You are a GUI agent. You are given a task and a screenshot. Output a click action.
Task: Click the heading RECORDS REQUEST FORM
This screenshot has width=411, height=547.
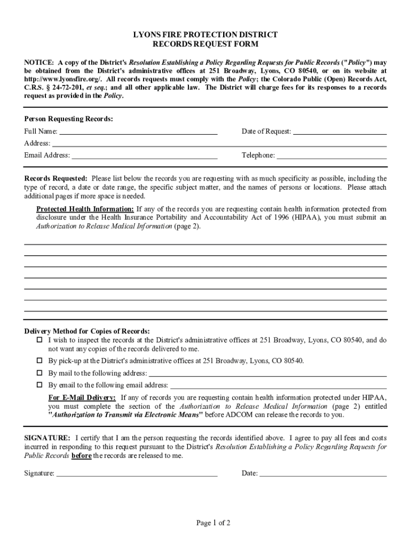pos(205,44)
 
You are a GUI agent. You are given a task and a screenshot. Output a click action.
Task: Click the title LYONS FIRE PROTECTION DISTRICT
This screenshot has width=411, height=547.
pos(205,35)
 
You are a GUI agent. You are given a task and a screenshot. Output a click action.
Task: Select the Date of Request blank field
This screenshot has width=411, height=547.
pos(340,131)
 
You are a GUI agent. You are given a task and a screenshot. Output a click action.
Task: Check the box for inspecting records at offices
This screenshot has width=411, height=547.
pos(39,340)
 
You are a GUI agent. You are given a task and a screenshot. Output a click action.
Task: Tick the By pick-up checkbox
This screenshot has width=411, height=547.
pos(39,361)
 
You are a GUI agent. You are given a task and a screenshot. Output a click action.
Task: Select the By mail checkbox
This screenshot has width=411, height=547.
pos(39,373)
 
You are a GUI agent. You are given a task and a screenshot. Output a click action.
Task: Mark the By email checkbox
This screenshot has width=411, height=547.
pos(39,385)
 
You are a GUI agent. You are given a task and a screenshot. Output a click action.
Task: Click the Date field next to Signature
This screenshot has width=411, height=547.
pos(322,473)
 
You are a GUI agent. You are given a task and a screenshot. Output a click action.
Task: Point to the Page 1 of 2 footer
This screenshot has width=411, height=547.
pos(213,523)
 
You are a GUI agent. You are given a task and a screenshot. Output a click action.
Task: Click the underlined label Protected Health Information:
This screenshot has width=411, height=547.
pos(85,209)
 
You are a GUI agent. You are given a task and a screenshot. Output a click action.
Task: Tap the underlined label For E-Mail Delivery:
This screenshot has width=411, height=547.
pos(82,397)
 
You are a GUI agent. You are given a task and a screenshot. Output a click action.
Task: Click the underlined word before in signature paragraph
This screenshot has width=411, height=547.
pos(81,456)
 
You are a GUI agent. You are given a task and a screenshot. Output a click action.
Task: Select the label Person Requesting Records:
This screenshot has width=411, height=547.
pos(68,119)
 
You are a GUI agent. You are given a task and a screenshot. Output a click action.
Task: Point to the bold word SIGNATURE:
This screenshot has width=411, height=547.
pos(47,437)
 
